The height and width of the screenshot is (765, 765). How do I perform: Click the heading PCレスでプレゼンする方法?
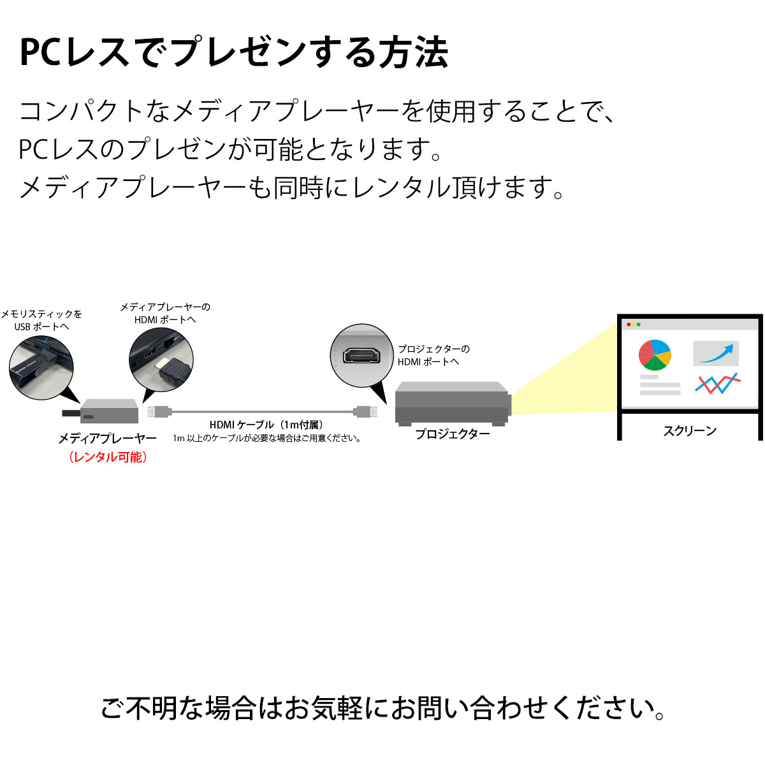point(234,52)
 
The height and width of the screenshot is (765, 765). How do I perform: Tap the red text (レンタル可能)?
point(108,457)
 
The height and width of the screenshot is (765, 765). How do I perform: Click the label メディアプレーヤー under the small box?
point(108,438)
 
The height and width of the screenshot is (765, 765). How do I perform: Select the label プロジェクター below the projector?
point(452,434)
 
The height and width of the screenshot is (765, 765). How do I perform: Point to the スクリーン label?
point(690,431)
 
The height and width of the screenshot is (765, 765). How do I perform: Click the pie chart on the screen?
point(655,355)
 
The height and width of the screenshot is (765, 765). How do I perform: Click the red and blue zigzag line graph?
point(718,383)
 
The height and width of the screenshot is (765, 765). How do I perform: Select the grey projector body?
point(453,404)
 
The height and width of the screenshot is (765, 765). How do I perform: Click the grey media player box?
point(109,411)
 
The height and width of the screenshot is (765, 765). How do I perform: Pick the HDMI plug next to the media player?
point(159,412)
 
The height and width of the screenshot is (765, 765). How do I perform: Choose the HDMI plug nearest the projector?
point(366,412)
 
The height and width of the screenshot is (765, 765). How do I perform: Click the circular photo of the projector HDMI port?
point(361,355)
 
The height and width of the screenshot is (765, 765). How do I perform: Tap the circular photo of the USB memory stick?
point(41,367)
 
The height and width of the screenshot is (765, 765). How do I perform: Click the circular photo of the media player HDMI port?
point(161,360)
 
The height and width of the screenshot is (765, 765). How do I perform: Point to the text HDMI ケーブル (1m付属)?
point(266,425)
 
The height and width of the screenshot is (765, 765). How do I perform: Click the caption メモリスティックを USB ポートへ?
point(41,320)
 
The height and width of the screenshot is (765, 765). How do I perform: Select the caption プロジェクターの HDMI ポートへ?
point(433,355)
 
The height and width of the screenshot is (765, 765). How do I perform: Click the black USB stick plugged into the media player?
point(71,413)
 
